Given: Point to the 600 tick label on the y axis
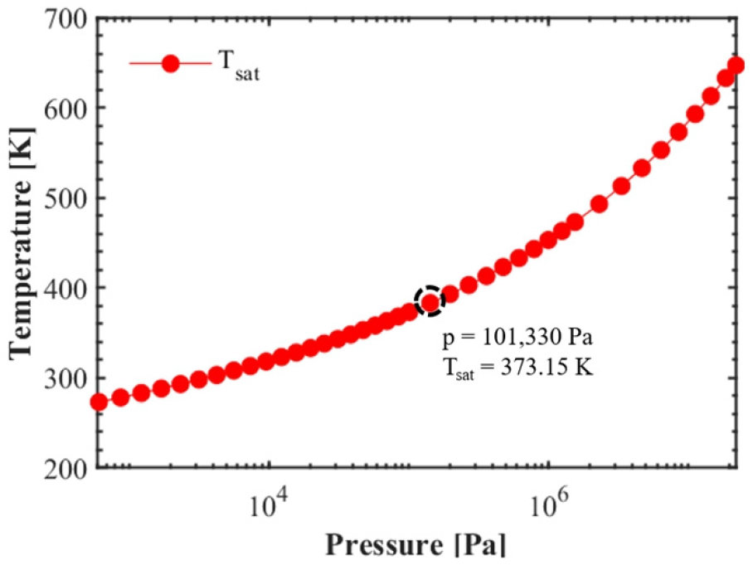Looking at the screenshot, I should (x=65, y=108).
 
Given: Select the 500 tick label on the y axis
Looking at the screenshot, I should (x=65, y=197).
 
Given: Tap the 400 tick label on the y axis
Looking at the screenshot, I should (x=65, y=288).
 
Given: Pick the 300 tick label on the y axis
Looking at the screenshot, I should (x=65, y=378).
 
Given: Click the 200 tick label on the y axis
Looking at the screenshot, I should (x=65, y=468).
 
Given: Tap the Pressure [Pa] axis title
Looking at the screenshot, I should (x=415, y=546).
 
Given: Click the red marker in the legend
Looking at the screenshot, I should (x=171, y=64).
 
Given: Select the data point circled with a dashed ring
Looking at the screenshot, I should (x=430, y=302).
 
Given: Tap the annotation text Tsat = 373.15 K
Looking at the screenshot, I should (x=519, y=366).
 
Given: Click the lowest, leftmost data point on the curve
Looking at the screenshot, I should (x=99, y=402).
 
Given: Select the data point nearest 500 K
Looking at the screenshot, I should (x=600, y=204).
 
